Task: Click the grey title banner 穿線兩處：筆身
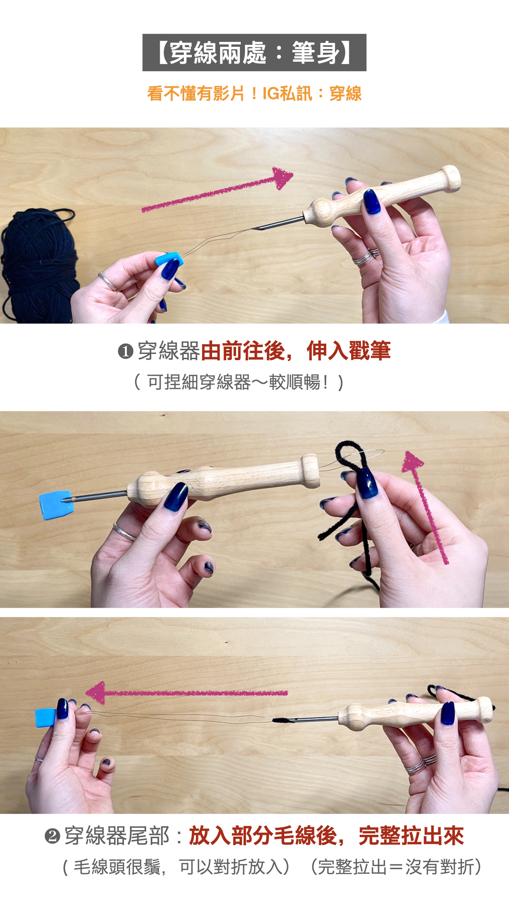click(x=254, y=52)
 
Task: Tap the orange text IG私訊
click(x=287, y=93)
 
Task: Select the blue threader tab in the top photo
click(x=168, y=260)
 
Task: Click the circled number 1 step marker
click(x=125, y=351)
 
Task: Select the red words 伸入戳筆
click(x=349, y=351)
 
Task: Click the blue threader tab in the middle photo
click(x=57, y=505)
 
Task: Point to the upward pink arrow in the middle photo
click(x=425, y=507)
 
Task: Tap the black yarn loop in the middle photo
click(x=351, y=490)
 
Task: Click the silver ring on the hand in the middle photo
click(x=124, y=531)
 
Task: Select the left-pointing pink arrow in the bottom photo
click(x=187, y=692)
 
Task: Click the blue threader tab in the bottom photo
click(x=46, y=717)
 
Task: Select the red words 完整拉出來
click(x=411, y=836)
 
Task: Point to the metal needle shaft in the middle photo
click(x=100, y=496)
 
